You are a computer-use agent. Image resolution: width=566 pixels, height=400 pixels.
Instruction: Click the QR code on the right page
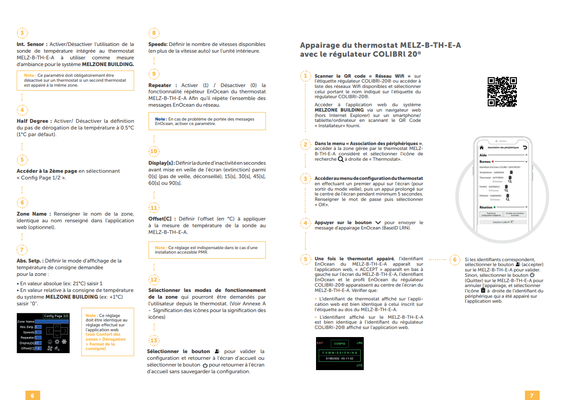tap(502, 92)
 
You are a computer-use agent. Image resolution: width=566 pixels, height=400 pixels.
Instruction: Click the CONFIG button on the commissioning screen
tap(340, 343)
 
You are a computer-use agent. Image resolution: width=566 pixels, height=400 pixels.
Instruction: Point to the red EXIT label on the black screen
tap(320, 343)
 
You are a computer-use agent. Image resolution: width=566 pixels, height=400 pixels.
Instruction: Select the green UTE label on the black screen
tap(359, 366)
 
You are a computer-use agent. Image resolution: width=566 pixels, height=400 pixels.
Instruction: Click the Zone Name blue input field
tap(52, 321)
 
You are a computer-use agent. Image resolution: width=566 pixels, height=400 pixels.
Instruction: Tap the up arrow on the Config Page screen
tap(57, 327)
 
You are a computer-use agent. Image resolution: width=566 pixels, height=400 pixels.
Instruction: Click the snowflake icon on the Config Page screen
tap(64, 342)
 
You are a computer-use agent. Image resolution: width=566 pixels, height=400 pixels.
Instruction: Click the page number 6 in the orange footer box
tap(32, 396)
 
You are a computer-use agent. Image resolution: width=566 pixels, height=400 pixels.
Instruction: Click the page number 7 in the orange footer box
tap(532, 396)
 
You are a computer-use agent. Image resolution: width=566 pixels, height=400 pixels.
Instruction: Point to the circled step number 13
tap(154, 341)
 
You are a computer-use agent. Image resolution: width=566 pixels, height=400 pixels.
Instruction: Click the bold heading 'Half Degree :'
tap(34, 121)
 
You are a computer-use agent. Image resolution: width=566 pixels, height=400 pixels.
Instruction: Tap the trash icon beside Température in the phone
tap(511, 172)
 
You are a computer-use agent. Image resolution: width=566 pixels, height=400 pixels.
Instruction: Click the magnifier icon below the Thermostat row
tap(510, 181)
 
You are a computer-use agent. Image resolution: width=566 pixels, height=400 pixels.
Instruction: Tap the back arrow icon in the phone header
tap(525, 147)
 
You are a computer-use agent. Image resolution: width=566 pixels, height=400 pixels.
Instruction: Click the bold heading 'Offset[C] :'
tap(162, 219)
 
